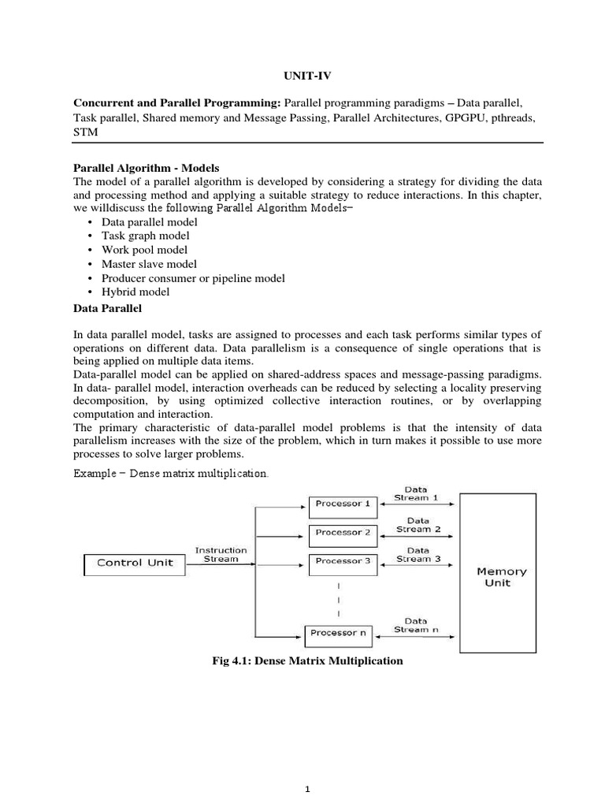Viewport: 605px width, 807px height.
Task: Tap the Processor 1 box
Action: [x=342, y=503]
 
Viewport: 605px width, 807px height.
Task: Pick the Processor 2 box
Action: [x=342, y=532]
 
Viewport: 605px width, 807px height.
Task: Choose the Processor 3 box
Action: [x=342, y=561]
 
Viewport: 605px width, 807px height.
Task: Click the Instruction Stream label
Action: [x=221, y=555]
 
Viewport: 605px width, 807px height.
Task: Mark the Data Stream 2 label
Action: [x=418, y=524]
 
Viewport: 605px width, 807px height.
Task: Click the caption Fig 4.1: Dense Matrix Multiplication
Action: [x=302, y=661]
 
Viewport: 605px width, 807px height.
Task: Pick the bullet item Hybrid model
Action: [x=135, y=292]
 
